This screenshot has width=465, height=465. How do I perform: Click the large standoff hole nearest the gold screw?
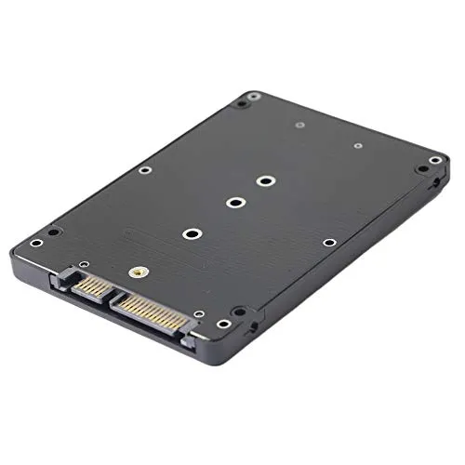[192, 233]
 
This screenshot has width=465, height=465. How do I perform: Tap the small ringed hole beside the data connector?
[83, 263]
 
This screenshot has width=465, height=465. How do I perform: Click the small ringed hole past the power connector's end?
[198, 314]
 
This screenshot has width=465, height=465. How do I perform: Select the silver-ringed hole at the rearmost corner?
[254, 95]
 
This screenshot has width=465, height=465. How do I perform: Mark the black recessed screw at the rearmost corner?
[240, 104]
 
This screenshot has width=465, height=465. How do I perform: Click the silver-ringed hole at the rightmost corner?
[434, 160]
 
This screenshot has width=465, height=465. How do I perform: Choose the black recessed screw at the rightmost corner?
[423, 170]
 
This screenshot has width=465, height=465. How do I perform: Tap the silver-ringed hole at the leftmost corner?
[36, 243]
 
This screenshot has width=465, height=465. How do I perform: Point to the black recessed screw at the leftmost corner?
[54, 232]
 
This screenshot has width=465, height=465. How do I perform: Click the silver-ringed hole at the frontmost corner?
[224, 324]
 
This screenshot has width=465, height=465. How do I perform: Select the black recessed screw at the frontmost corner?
[239, 312]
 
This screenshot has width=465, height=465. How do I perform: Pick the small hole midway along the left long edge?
[144, 169]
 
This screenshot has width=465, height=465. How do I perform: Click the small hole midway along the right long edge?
[329, 242]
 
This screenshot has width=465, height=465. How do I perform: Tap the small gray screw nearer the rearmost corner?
[299, 125]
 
